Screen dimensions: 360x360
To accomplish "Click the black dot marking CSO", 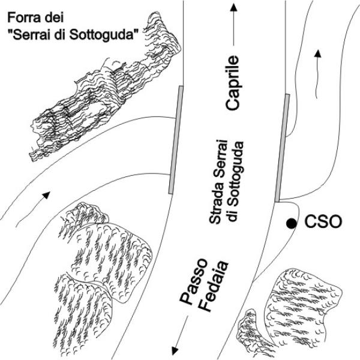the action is [x=291, y=223].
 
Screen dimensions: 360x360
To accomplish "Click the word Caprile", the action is [x=233, y=82].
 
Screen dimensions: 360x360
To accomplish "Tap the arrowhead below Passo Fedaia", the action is [x=175, y=349].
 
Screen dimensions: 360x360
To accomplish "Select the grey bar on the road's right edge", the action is [x=282, y=148].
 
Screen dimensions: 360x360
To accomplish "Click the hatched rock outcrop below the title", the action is [x=99, y=90].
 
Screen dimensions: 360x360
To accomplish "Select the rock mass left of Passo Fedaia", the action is [x=102, y=264].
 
